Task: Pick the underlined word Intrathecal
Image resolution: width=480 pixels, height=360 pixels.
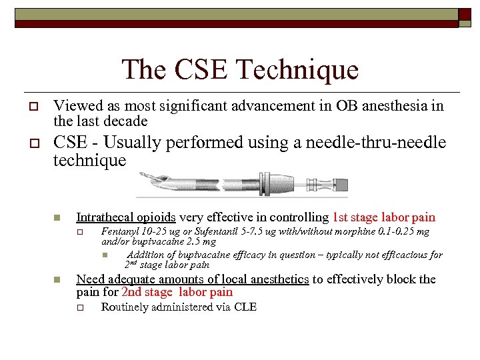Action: [105, 217]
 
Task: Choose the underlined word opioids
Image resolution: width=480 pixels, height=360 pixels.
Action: [156, 217]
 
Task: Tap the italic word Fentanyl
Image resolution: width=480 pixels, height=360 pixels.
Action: [120, 231]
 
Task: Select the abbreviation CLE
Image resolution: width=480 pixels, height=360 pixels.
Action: [245, 307]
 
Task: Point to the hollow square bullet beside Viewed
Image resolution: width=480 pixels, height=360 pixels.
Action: [32, 107]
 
